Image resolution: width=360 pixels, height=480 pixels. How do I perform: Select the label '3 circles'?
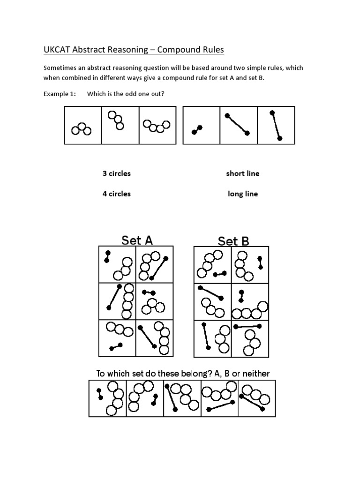point(116,173)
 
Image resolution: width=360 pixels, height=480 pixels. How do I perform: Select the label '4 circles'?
point(116,194)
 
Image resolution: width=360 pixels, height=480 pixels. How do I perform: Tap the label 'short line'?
point(242,173)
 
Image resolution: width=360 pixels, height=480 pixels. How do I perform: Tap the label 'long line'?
point(242,194)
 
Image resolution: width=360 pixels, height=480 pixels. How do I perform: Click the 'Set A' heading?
point(137,240)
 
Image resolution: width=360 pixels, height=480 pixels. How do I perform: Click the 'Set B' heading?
point(233,241)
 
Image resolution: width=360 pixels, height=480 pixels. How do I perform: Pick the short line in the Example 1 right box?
point(197,130)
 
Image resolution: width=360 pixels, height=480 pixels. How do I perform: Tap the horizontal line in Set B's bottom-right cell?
point(247,326)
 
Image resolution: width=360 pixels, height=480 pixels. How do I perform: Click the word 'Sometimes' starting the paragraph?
point(60,68)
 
